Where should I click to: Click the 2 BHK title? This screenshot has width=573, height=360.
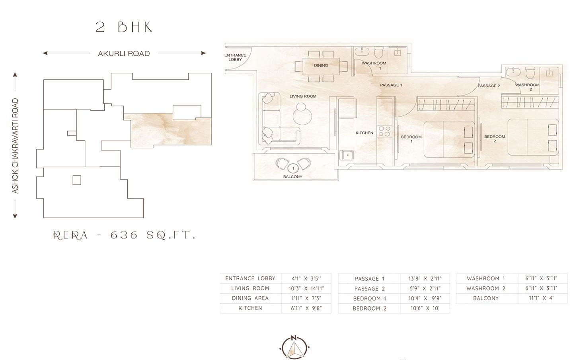tap(124, 27)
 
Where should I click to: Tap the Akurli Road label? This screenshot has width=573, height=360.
tap(124, 53)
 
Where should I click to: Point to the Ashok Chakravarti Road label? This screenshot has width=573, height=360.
tap(16, 146)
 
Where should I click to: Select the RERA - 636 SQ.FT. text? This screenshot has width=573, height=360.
tap(124, 235)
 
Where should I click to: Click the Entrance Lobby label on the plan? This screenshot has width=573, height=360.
tap(235, 57)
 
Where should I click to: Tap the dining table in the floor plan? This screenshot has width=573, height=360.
tap(321, 67)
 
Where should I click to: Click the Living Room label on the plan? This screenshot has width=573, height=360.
tap(303, 96)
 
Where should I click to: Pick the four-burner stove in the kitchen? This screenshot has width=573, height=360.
tap(384, 131)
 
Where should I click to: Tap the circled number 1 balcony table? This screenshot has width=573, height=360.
tap(293, 168)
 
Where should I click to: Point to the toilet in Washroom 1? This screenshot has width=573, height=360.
tap(378, 53)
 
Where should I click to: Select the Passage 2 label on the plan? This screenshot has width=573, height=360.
tap(489, 86)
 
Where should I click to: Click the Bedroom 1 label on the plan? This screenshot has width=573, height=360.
tap(411, 139)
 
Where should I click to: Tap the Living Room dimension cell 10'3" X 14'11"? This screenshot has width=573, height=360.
tap(306, 289)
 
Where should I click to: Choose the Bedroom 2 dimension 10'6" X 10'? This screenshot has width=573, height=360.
tap(425, 309)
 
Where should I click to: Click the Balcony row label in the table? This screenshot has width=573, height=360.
tap(486, 298)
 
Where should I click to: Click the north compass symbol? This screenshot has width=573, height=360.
tap(294, 347)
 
